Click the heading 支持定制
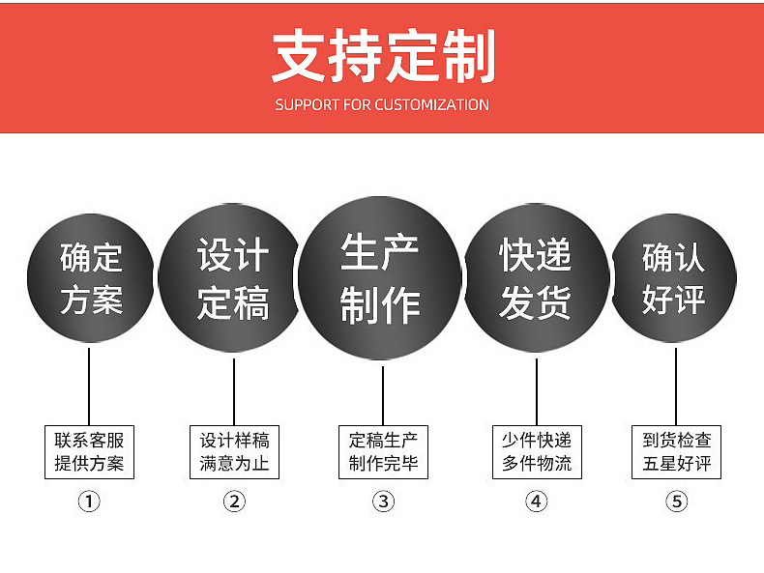pyautogui.click(x=382, y=56)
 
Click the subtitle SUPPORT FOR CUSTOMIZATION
pyautogui.click(x=382, y=104)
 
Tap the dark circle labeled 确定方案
pyautogui.click(x=90, y=279)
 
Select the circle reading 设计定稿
pyautogui.click(x=232, y=279)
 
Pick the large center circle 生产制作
pyautogui.click(x=380, y=279)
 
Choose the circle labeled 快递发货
pyautogui.click(x=535, y=279)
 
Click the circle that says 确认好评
pyautogui.click(x=674, y=279)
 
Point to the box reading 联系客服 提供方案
pyautogui.click(x=89, y=451)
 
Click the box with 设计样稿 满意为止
pyautogui.click(x=234, y=451)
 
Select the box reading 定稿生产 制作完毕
pyautogui.click(x=383, y=451)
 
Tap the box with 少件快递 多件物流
pyautogui.click(x=536, y=451)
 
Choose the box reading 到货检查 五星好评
pyautogui.click(x=676, y=451)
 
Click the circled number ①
pyautogui.click(x=89, y=501)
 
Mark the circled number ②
pyautogui.click(x=234, y=501)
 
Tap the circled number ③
pyautogui.click(x=383, y=501)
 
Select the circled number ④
pyautogui.click(x=536, y=501)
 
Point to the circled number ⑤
pyautogui.click(x=676, y=501)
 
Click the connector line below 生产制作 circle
pyautogui.click(x=383, y=394)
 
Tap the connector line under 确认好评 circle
pyautogui.click(x=676, y=387)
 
